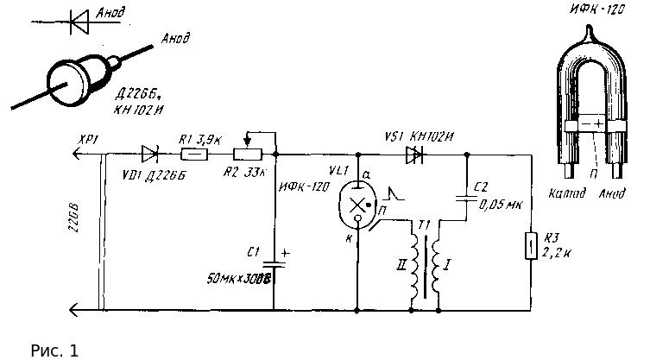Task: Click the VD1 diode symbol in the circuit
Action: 149,155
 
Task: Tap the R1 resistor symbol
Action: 193,155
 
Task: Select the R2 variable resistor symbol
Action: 247,155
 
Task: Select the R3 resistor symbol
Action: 530,246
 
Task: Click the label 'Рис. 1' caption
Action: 54,351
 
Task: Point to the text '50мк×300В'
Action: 240,280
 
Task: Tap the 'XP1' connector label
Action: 89,140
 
